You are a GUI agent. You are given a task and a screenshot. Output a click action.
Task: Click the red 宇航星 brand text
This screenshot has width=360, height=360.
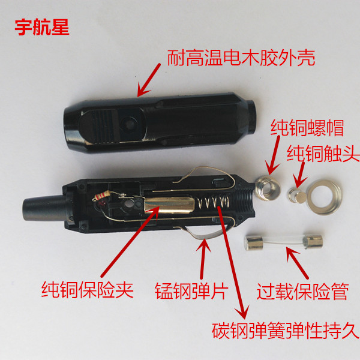[42, 28]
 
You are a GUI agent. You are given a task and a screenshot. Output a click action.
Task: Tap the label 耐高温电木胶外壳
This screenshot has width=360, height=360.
[241, 58]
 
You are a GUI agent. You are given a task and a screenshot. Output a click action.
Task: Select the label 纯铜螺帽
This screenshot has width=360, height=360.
[307, 128]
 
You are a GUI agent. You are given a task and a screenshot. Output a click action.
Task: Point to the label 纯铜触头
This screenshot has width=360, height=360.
[323, 154]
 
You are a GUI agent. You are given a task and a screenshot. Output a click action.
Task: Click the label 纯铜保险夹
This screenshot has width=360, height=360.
[88, 290]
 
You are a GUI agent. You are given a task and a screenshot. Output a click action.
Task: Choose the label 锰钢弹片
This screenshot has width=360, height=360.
[191, 291]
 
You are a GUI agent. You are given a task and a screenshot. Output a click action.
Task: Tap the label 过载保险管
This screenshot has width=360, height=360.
[303, 292]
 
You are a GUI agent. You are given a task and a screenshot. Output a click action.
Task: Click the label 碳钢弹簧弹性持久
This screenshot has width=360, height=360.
[286, 331]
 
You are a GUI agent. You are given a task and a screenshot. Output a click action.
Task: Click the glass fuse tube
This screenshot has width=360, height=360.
[284, 242]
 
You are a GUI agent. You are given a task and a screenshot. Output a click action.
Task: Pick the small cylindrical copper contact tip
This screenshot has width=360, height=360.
[297, 196]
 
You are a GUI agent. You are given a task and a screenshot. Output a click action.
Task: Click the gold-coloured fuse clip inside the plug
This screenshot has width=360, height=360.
[169, 205]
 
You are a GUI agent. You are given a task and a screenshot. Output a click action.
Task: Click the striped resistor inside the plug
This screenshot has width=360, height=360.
[101, 196]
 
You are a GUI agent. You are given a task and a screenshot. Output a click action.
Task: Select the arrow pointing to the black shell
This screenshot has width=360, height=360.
[149, 80]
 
